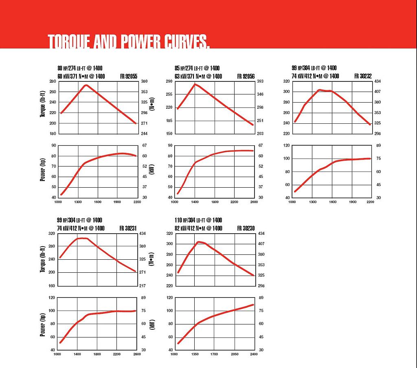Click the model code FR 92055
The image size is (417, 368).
pyautogui.click(x=129, y=76)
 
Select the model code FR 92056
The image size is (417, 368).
pyautogui.click(x=246, y=76)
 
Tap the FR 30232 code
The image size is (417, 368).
pyautogui.click(x=363, y=76)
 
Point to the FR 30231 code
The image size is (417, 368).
pyautogui.click(x=129, y=228)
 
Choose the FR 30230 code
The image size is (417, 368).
pyautogui.click(x=246, y=228)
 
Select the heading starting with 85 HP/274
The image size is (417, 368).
pyautogui.click(x=197, y=68)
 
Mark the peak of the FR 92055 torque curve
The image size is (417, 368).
pyautogui.click(x=86, y=85)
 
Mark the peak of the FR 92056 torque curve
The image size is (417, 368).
pyautogui.click(x=195, y=84)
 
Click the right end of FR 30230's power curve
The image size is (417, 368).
pyautogui.click(x=253, y=304)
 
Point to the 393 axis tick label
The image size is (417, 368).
pyautogui.click(x=261, y=81)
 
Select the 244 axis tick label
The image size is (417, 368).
pyautogui.click(x=144, y=134)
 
